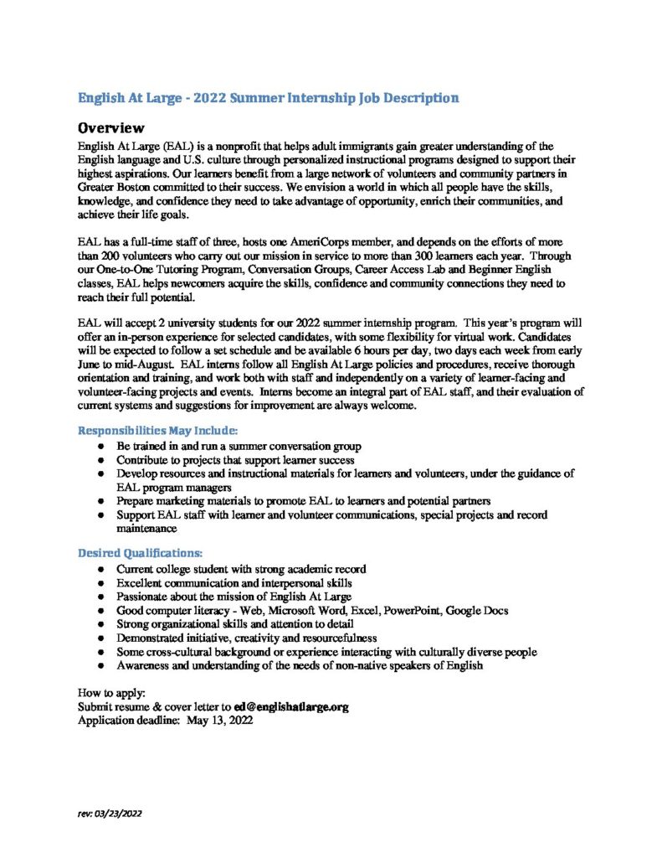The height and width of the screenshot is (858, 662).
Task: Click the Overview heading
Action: (x=112, y=128)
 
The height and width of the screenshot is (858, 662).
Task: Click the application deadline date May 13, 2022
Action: (x=220, y=720)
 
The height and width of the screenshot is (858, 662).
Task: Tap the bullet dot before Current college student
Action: (x=100, y=569)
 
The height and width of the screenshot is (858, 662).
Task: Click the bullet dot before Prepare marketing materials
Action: (x=100, y=501)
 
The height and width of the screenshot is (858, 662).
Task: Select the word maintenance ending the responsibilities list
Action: (x=146, y=529)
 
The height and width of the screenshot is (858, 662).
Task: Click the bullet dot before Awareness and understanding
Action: (x=100, y=665)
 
